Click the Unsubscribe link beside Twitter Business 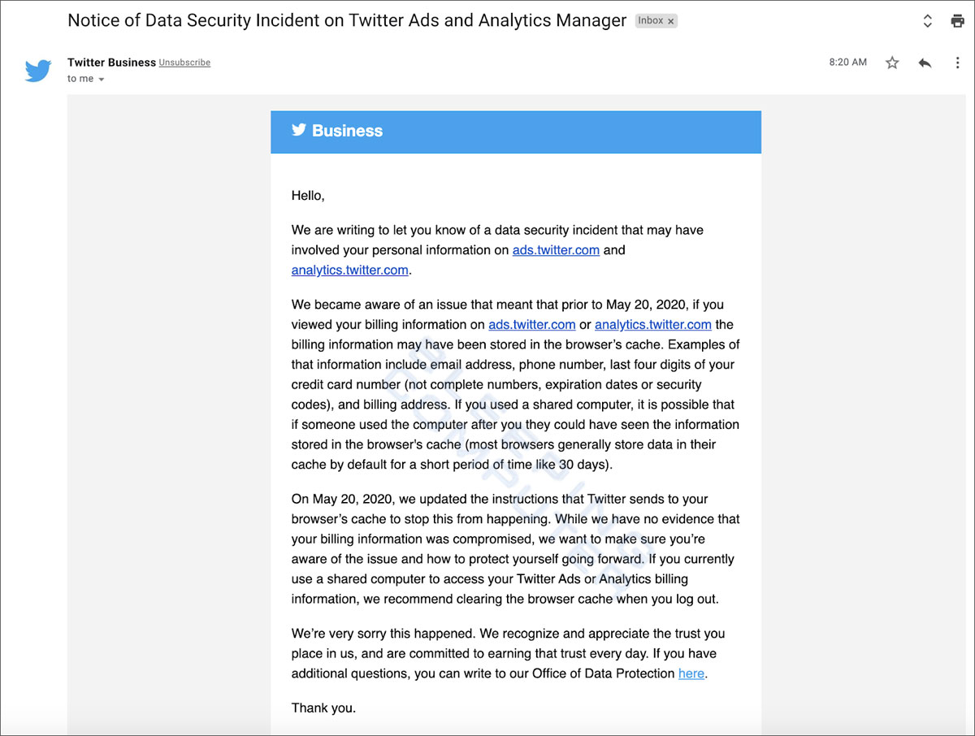click(184, 63)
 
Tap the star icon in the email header click(892, 63)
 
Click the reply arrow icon click(925, 63)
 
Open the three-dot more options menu click(957, 63)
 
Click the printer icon click(957, 21)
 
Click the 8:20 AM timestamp click(847, 63)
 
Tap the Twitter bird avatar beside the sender click(38, 71)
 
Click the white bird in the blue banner click(299, 130)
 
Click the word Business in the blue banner click(347, 131)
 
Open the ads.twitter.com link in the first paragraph click(556, 250)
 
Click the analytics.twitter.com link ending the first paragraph click(349, 270)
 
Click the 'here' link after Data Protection click(691, 673)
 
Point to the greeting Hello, click(308, 196)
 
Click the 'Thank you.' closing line click(323, 708)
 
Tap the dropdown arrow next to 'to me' click(102, 80)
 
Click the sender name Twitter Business click(110, 63)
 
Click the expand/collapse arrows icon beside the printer click(928, 21)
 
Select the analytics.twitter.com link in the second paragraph click(652, 325)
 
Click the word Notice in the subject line click(94, 21)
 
